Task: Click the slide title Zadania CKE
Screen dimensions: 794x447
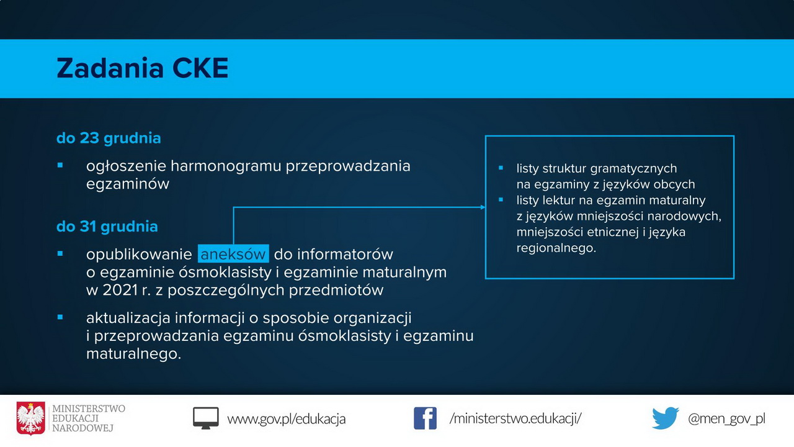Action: click(143, 68)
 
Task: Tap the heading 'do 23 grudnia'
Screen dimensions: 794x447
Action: click(109, 138)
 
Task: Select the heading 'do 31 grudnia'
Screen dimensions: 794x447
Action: click(107, 227)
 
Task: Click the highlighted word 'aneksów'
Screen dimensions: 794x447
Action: click(233, 254)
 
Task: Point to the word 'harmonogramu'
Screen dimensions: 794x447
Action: click(226, 166)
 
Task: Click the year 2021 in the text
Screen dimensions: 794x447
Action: click(120, 290)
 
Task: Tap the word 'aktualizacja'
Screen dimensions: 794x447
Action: click(128, 318)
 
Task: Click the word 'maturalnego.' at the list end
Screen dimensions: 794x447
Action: click(133, 354)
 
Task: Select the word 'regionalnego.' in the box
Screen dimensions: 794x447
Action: click(556, 248)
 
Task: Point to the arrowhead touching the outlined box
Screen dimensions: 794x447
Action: click(483, 207)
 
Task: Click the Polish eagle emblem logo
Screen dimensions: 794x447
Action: click(31, 418)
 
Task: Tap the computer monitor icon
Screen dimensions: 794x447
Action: click(205, 418)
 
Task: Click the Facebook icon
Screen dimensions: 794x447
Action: click(425, 418)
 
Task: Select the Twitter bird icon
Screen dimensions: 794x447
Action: click(666, 418)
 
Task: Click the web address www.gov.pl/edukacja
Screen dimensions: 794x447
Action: click(287, 419)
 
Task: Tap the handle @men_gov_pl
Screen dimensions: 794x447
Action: click(726, 418)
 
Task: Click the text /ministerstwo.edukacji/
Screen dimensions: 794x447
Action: click(515, 418)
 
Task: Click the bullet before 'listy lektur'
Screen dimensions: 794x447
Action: click(501, 200)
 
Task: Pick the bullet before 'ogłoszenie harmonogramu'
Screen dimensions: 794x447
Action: click(60, 165)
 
